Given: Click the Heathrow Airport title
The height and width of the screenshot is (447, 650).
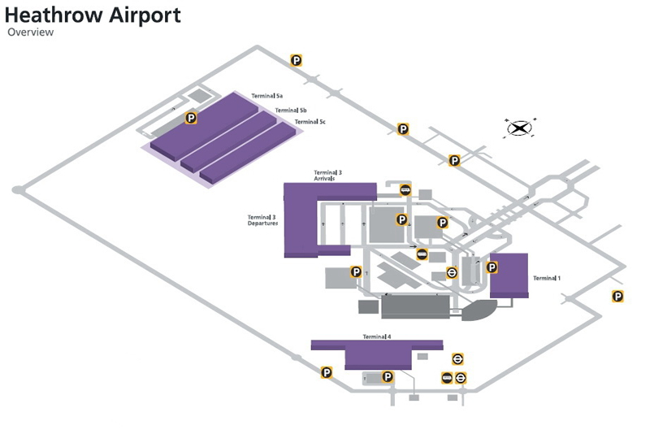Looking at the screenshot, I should click(93, 15).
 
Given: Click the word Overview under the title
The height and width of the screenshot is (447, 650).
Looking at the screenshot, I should click(30, 33).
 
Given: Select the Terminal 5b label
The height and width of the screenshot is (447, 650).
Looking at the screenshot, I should click(290, 110).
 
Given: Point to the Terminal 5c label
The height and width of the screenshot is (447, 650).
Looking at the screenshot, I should click(310, 122).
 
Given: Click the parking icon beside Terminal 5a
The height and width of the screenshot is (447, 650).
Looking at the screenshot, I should click(191, 118).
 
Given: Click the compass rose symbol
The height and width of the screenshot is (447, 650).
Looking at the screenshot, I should click(519, 128).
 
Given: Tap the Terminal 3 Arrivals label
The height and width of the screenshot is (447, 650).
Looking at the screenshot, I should click(328, 176).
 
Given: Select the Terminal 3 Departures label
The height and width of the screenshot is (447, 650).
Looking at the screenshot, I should click(262, 220).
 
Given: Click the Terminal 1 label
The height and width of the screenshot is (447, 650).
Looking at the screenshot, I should click(547, 278).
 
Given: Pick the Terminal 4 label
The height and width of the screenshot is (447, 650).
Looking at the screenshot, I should click(377, 336).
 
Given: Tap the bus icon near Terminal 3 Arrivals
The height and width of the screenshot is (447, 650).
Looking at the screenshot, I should click(405, 190).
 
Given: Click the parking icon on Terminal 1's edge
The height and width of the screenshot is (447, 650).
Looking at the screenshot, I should click(491, 267).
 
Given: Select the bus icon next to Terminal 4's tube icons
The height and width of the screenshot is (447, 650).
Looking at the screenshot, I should click(447, 377).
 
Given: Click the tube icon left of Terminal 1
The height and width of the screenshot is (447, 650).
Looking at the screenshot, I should click(453, 272).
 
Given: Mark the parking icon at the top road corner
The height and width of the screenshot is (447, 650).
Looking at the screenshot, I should click(297, 59).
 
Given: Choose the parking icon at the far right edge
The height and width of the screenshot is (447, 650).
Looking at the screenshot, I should click(617, 297).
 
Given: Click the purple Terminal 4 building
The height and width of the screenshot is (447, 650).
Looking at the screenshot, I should click(378, 354).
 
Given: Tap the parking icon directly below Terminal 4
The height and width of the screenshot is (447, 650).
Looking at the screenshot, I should click(388, 376).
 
